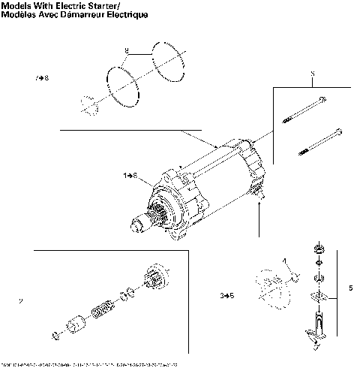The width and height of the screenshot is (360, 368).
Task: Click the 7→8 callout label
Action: pyautogui.click(x=42, y=78)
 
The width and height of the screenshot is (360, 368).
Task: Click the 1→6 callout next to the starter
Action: pyautogui.click(x=130, y=175)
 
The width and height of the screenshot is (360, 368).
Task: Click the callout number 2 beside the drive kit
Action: pyautogui.click(x=20, y=302)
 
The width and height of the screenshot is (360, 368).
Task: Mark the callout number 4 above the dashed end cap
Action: pyautogui.click(x=285, y=260)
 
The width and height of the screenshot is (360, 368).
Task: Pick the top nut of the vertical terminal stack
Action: pyautogui.click(x=319, y=249)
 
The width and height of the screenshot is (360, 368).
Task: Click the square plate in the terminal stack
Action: pyautogui.click(x=319, y=294)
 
